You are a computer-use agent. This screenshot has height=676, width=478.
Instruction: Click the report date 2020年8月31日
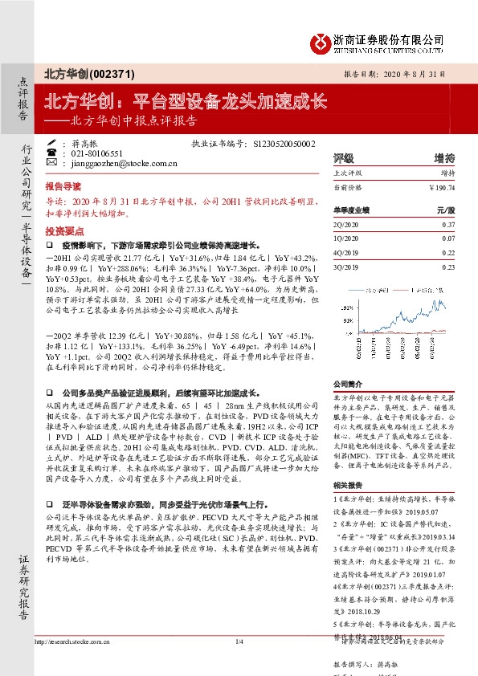(427, 73)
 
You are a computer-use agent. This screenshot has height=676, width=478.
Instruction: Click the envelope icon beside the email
(52, 162)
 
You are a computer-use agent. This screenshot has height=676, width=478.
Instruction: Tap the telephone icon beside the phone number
(52, 153)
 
